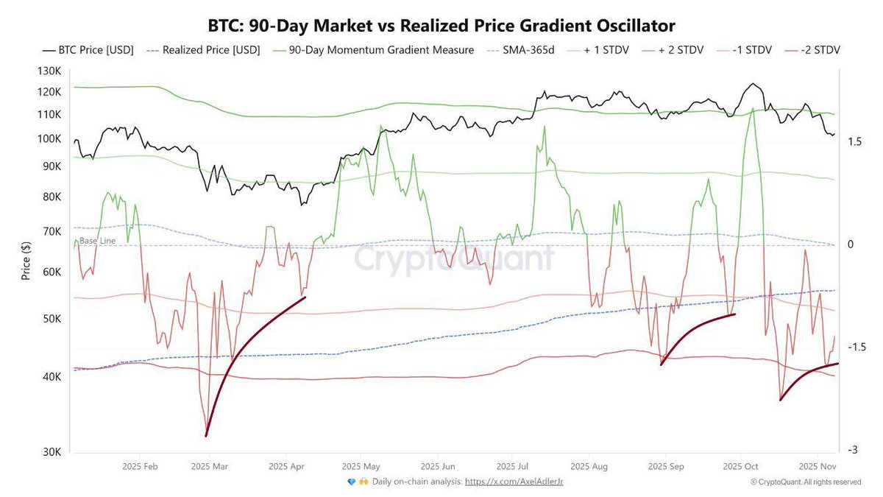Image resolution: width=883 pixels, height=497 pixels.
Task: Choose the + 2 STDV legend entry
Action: (676, 51)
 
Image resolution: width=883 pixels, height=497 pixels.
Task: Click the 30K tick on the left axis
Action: (52, 452)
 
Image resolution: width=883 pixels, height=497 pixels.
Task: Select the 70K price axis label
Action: (52, 231)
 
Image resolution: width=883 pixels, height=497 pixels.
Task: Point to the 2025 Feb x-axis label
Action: (141, 467)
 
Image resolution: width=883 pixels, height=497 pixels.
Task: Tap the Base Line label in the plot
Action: (97, 241)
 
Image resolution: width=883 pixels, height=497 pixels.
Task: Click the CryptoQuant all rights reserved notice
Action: (806, 482)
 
